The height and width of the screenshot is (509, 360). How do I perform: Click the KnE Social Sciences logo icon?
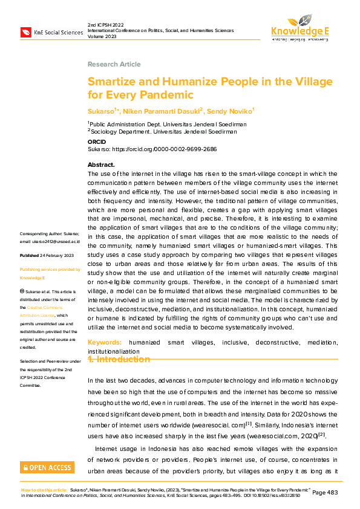pyautogui.click(x=27, y=31)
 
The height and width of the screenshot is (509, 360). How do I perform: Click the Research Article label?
pyautogui.click(x=114, y=64)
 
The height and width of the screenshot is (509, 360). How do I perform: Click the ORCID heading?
pyautogui.click(x=97, y=141)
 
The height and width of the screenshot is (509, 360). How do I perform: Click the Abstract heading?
pyautogui.click(x=101, y=164)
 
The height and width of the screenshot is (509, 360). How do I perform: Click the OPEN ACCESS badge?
pyautogui.click(x=47, y=467)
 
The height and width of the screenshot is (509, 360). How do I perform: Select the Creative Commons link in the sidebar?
pyautogui.click(x=52, y=308)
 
